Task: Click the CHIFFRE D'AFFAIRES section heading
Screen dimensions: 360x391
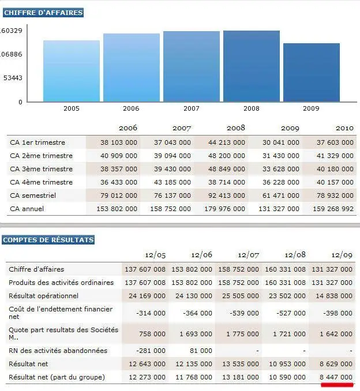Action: pos(43,13)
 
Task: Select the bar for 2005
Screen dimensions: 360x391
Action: pos(72,71)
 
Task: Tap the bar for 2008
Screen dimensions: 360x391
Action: pos(252,66)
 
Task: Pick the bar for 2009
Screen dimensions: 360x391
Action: pos(312,73)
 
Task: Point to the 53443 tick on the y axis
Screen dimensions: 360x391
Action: pos(13,78)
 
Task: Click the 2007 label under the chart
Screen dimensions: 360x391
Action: pos(192,108)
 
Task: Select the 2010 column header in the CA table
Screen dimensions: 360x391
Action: pos(344,128)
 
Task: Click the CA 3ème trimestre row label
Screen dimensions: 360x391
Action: pos(41,169)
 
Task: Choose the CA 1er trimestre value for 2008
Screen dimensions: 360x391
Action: pos(227,142)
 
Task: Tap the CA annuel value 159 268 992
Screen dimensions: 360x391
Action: pos(333,209)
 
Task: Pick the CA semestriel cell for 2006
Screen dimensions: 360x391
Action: pos(119,195)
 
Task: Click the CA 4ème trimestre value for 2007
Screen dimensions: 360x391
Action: pos(172,182)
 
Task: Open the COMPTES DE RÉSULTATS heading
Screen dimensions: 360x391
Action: pos(48,240)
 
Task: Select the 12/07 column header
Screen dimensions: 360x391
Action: pos(248,255)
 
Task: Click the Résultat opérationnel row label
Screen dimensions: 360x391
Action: pos(43,296)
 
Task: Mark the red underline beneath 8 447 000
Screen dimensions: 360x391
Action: pos(337,385)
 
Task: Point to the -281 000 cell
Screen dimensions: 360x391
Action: pos(151,351)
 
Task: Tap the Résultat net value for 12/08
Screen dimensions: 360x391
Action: pos(287,364)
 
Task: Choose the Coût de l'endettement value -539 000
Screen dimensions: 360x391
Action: pos(244,313)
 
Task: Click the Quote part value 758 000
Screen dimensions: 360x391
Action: pos(152,334)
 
